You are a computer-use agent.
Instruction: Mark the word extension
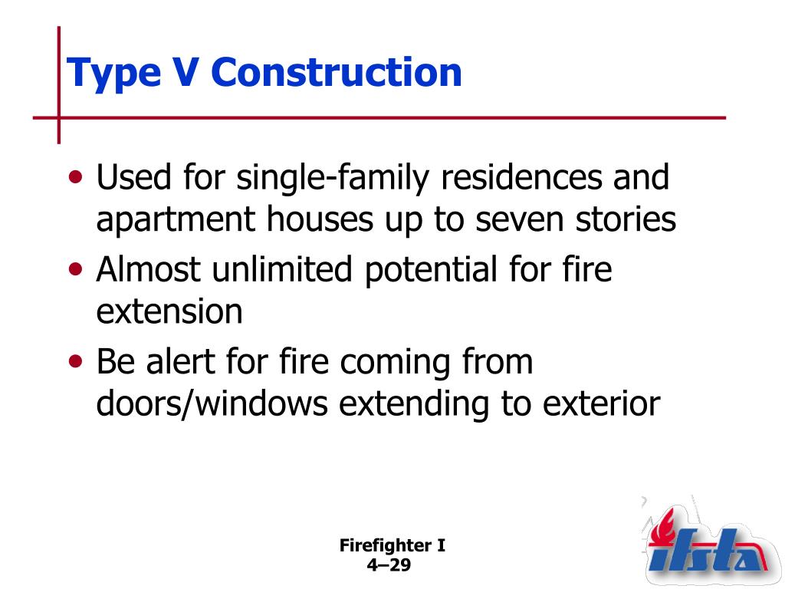tap(169, 313)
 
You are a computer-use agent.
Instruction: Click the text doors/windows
tap(212, 404)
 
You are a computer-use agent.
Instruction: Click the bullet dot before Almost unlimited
tap(76, 270)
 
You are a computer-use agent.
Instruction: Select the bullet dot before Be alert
tap(76, 361)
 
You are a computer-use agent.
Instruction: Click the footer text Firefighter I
tap(392, 547)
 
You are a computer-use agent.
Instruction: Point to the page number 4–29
tap(390, 566)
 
